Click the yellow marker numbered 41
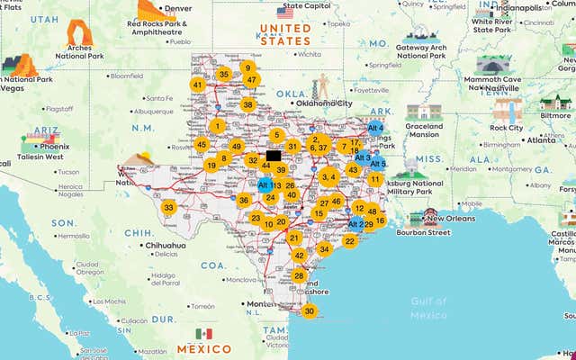coord(197,85)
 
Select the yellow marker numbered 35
coord(223,75)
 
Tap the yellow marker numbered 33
coord(168,207)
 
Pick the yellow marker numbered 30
coord(310,311)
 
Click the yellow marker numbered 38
coord(247,104)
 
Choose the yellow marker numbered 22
coord(349,240)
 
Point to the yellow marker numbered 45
coord(202,144)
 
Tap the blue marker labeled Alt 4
coord(375,129)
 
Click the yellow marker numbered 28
coord(299,275)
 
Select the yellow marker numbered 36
coord(243,200)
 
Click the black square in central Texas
coord(274,155)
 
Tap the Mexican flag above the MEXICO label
coord(203,334)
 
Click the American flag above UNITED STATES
coord(285,12)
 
